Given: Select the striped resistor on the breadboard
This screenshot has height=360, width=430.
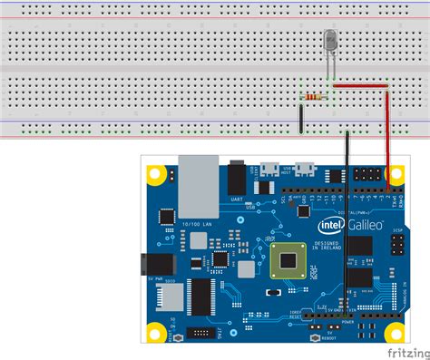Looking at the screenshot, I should [315, 96].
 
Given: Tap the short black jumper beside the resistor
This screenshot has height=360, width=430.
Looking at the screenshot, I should [300, 117].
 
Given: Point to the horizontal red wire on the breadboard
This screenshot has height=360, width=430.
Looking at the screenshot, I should [360, 86].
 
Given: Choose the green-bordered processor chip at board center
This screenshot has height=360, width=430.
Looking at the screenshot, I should [288, 260].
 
